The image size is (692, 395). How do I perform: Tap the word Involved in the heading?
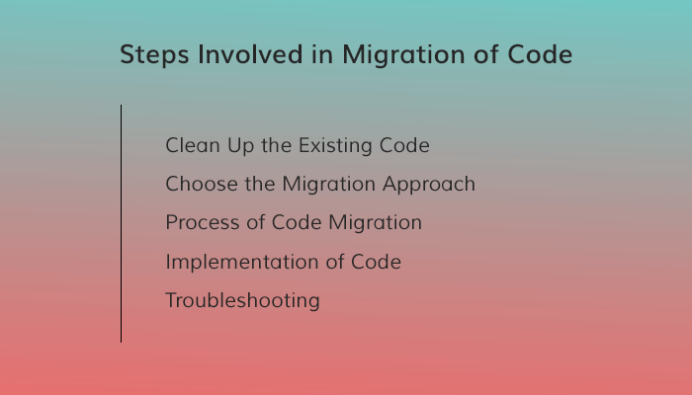tap(237, 55)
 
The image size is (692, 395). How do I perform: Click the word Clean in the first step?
tap(191, 145)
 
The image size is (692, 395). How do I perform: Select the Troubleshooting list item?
tap(242, 300)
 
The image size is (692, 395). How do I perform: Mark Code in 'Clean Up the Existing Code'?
tap(405, 145)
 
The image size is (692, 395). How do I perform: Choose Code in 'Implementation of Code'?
tap(377, 261)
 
